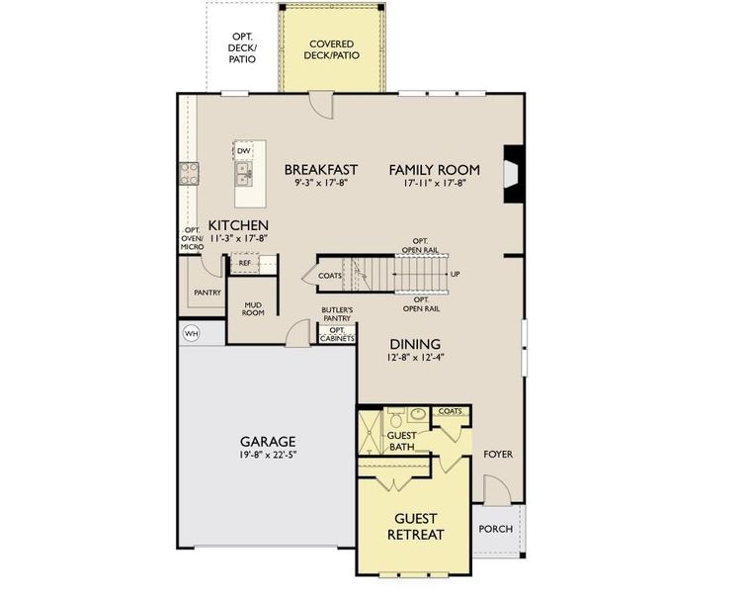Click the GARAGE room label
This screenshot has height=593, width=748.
tap(268, 441)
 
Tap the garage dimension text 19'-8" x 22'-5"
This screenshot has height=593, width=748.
tap(268, 456)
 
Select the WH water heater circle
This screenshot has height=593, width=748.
tap(191, 334)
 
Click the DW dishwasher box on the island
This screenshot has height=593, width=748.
tap(243, 150)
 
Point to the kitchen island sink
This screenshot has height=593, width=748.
tap(243, 175)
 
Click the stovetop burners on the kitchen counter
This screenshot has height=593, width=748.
tap(189, 174)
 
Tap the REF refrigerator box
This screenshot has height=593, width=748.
tap(244, 264)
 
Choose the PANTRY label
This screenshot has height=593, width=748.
tap(207, 293)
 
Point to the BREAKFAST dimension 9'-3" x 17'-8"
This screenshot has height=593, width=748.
tap(320, 183)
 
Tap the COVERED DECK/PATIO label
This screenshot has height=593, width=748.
tap(332, 49)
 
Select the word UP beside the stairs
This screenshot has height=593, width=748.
tap(455, 274)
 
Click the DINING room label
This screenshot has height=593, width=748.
tap(415, 344)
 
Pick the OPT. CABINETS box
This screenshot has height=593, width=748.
tap(337, 334)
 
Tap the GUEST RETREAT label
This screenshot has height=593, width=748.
tap(415, 527)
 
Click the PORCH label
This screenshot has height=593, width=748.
tap(495, 529)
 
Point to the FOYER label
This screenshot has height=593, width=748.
tap(498, 455)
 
